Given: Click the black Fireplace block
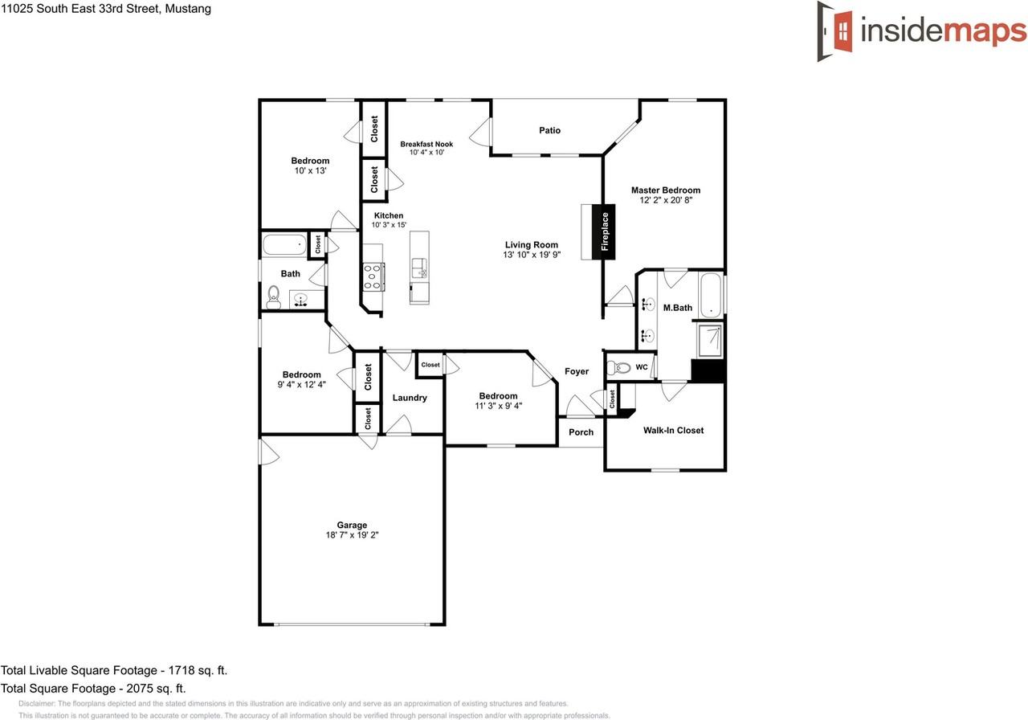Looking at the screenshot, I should [605, 231].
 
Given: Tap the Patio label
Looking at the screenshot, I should [549, 130].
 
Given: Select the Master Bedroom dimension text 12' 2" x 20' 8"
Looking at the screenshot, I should [665, 201].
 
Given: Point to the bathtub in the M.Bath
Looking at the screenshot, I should [711, 296].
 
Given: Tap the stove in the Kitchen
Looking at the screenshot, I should [373, 276].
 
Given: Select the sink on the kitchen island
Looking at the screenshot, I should [419, 268].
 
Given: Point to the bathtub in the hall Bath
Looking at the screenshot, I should [284, 244].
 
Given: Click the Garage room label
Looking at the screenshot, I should [352, 526].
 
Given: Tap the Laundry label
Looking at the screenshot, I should [410, 398].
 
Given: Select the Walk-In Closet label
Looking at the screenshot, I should [673, 431].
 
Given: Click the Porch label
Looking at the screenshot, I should [581, 432].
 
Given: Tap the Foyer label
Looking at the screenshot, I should [577, 371].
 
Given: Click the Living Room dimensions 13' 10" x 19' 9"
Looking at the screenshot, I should [531, 255].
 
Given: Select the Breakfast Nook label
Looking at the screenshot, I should [426, 145].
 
